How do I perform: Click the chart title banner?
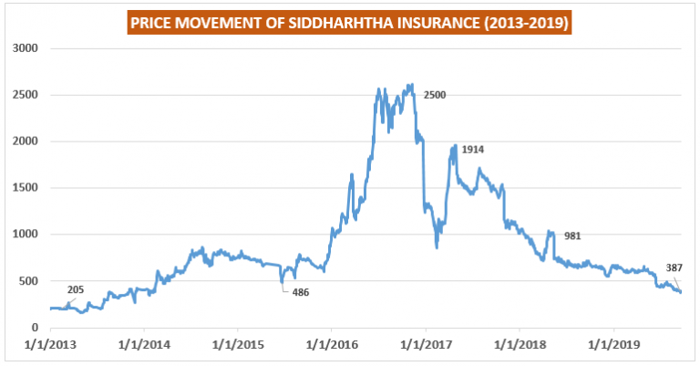coord(349,19)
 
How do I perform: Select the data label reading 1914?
coord(474,149)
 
